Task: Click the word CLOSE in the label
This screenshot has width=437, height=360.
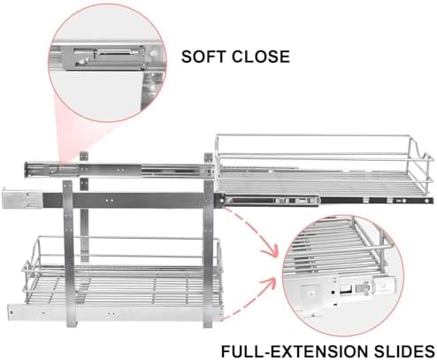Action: point(261,57)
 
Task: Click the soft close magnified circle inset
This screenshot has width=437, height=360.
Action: point(107,63)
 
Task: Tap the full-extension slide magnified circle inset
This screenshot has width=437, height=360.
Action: point(343,275)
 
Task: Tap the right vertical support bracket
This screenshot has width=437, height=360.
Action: point(208,254)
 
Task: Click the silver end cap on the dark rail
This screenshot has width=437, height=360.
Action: point(22,197)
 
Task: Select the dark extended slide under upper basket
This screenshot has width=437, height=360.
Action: point(327,201)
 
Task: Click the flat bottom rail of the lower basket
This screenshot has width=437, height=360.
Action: point(115,313)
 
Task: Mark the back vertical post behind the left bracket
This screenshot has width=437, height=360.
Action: point(84,206)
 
